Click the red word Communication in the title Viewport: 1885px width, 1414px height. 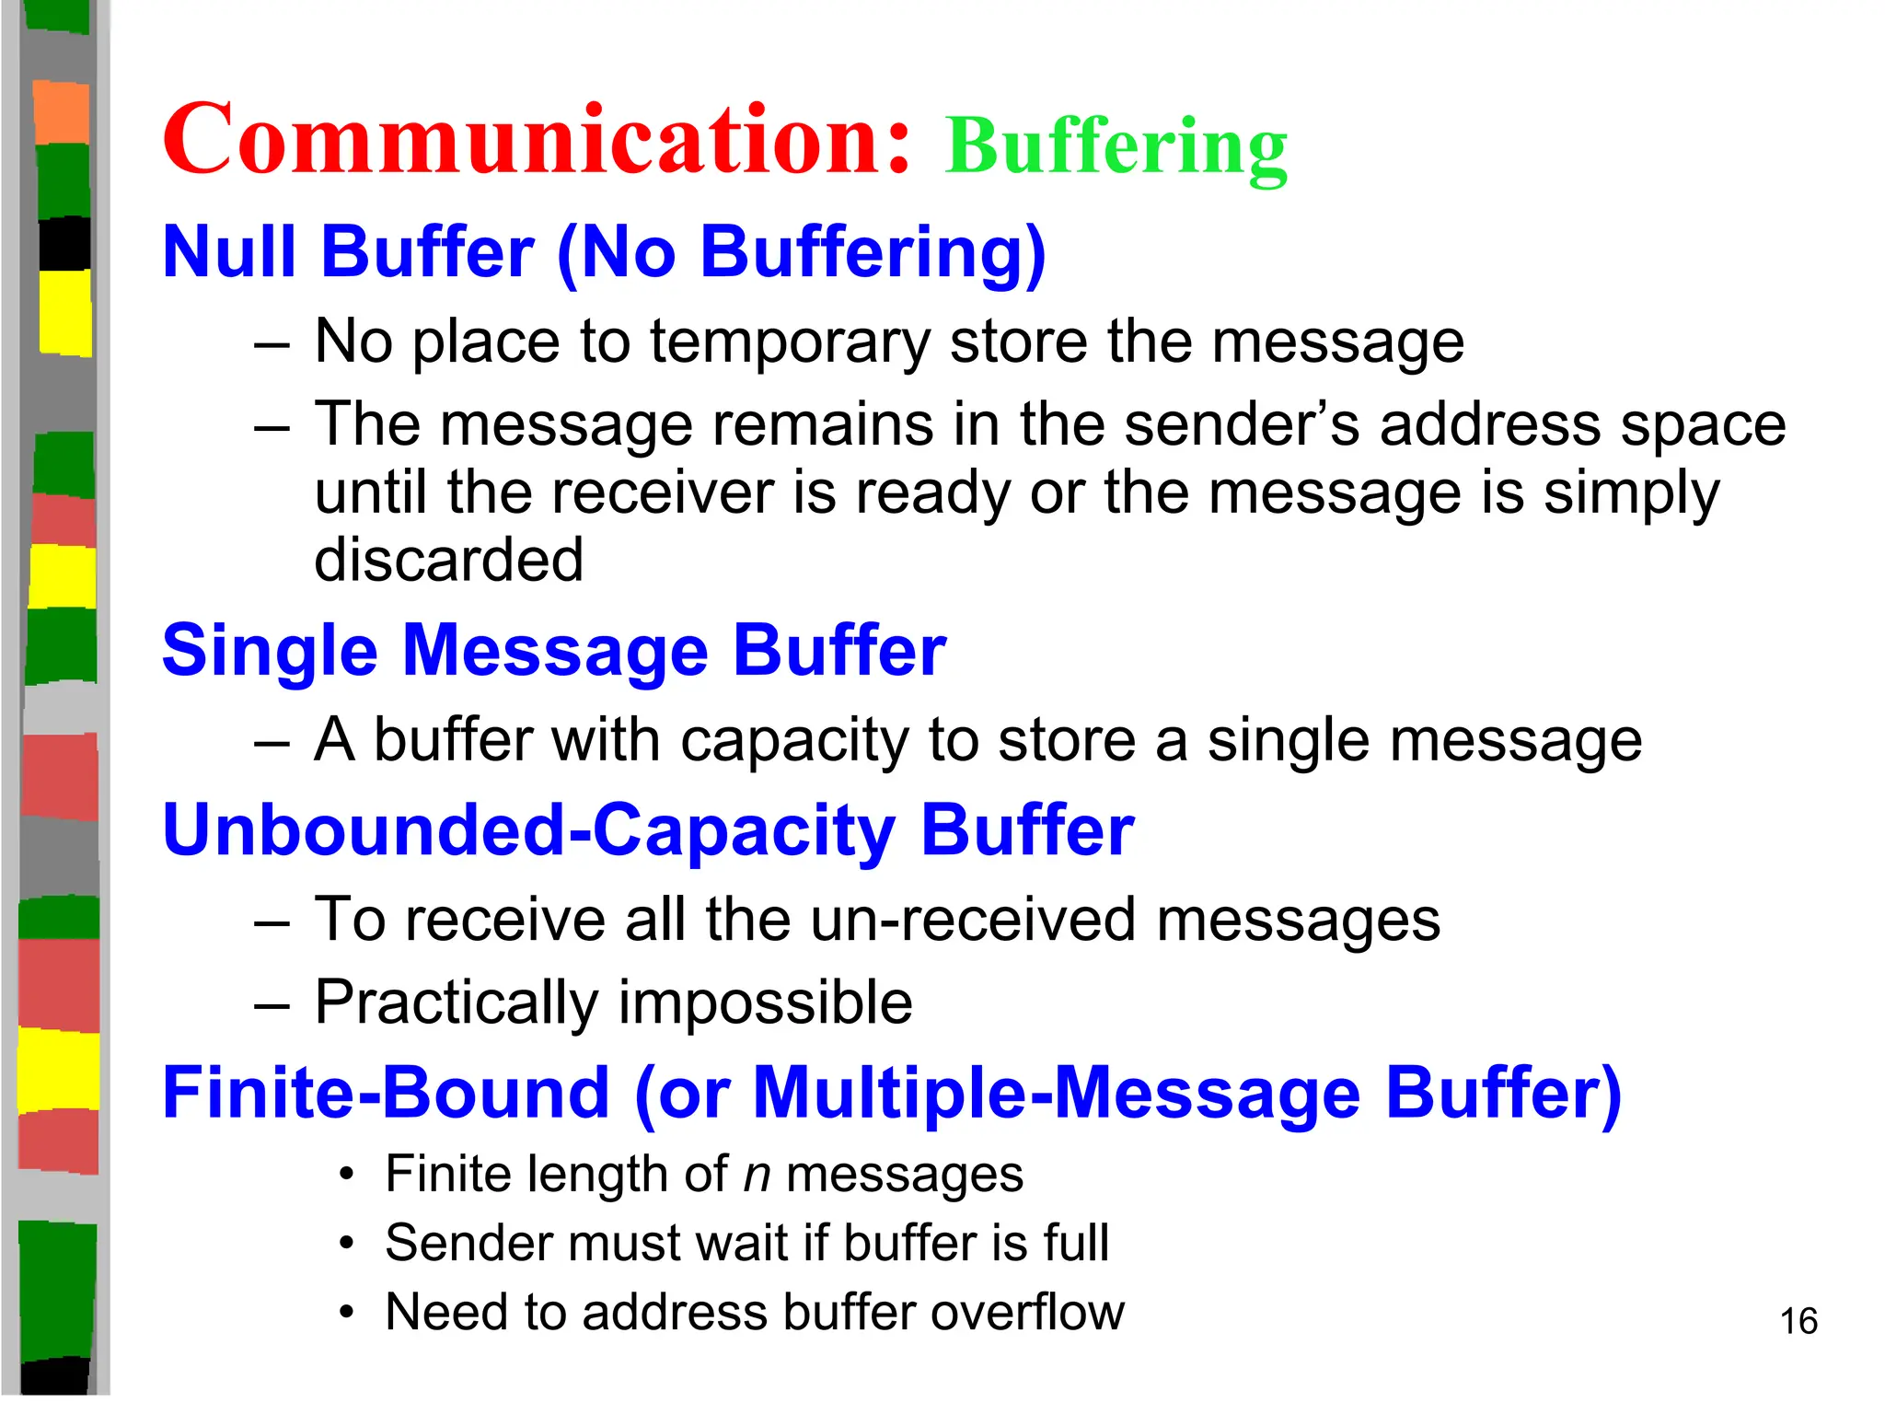coord(536,140)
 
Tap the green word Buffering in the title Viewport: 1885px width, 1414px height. coord(1116,147)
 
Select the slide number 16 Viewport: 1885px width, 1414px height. coord(1798,1321)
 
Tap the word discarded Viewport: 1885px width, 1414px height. coord(449,560)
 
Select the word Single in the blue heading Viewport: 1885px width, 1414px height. coord(270,651)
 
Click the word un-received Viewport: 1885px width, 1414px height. coord(974,920)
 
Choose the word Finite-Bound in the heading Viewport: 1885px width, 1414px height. coord(386,1093)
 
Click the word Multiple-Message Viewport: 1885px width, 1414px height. coord(1057,1093)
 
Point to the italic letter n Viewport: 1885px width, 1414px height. coord(757,1176)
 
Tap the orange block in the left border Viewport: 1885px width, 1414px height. coord(62,112)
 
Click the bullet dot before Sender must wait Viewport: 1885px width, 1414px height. coord(346,1244)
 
